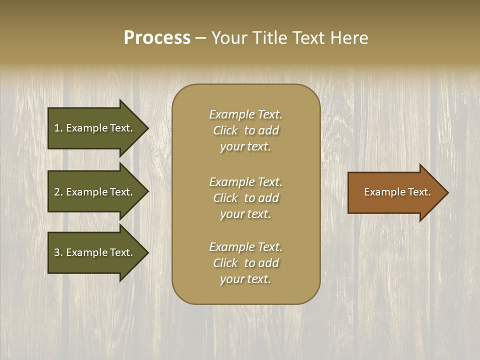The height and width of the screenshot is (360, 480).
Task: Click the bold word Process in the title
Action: [x=157, y=38]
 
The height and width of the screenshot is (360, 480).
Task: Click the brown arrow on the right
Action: [x=395, y=192]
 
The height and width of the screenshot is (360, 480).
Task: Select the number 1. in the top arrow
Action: [x=58, y=128]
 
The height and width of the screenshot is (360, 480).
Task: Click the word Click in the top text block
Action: [x=225, y=130]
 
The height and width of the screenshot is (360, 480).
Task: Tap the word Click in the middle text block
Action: [x=225, y=198]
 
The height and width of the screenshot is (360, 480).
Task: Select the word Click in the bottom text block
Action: [x=225, y=263]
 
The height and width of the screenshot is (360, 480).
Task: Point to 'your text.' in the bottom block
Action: [x=245, y=279]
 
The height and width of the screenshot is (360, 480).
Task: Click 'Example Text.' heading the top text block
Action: [x=245, y=114]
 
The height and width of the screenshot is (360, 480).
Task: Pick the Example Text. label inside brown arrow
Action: [x=397, y=192]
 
